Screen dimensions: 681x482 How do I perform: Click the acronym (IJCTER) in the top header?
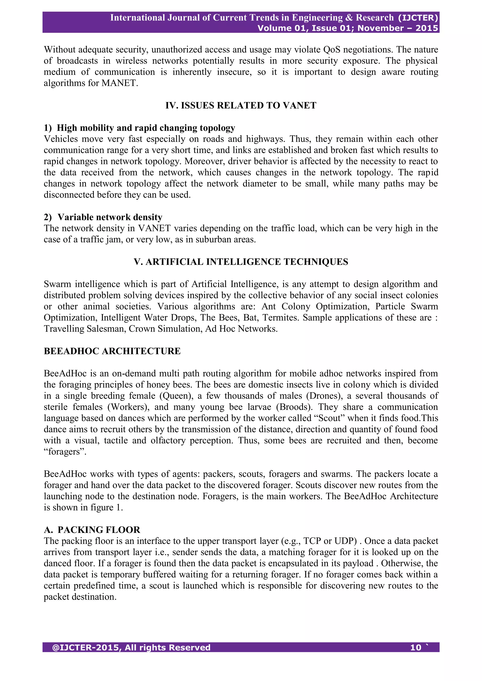418,18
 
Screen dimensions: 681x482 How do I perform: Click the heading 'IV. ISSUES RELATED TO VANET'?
241,105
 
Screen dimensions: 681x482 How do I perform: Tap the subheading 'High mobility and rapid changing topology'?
146,128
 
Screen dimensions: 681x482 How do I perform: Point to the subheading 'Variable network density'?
110,217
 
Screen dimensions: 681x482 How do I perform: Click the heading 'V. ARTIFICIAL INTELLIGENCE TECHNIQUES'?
241,262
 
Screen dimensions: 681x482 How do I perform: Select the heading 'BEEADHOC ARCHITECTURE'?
112,351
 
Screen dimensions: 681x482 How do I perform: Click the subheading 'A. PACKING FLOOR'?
92,530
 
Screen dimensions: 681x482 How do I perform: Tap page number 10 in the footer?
416,648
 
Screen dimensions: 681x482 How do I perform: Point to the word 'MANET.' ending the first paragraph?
120,83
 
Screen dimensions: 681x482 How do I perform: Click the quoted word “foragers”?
65,451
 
